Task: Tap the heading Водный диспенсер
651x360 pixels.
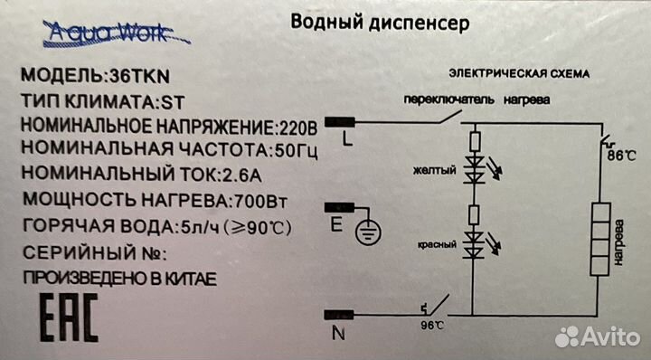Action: pyautogui.click(x=380, y=24)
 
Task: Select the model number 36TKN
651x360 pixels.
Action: pyautogui.click(x=140, y=76)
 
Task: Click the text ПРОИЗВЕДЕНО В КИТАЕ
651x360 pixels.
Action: pyautogui.click(x=119, y=277)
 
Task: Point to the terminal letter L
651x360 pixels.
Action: pyautogui.click(x=348, y=140)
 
